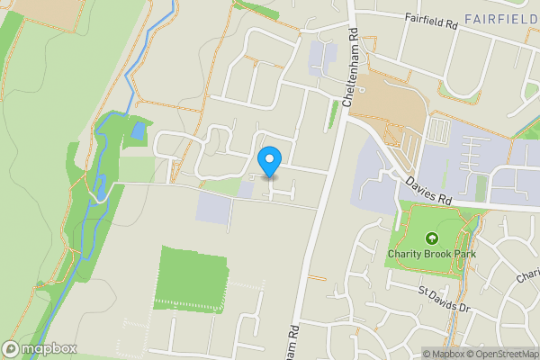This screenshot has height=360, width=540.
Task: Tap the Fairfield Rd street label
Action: (x=431, y=18)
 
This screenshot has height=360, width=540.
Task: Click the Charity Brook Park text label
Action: (x=431, y=253)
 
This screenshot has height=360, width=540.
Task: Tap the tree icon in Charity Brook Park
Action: (x=431, y=238)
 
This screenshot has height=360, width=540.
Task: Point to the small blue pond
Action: (x=138, y=131)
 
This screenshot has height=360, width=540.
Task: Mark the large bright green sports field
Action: (x=191, y=278)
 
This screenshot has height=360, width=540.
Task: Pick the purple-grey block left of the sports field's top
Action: (x=213, y=208)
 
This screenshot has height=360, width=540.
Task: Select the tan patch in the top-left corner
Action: (x=36, y=9)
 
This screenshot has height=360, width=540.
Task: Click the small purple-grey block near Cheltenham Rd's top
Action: (x=322, y=58)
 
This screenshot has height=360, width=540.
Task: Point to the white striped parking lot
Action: (x=437, y=131)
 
